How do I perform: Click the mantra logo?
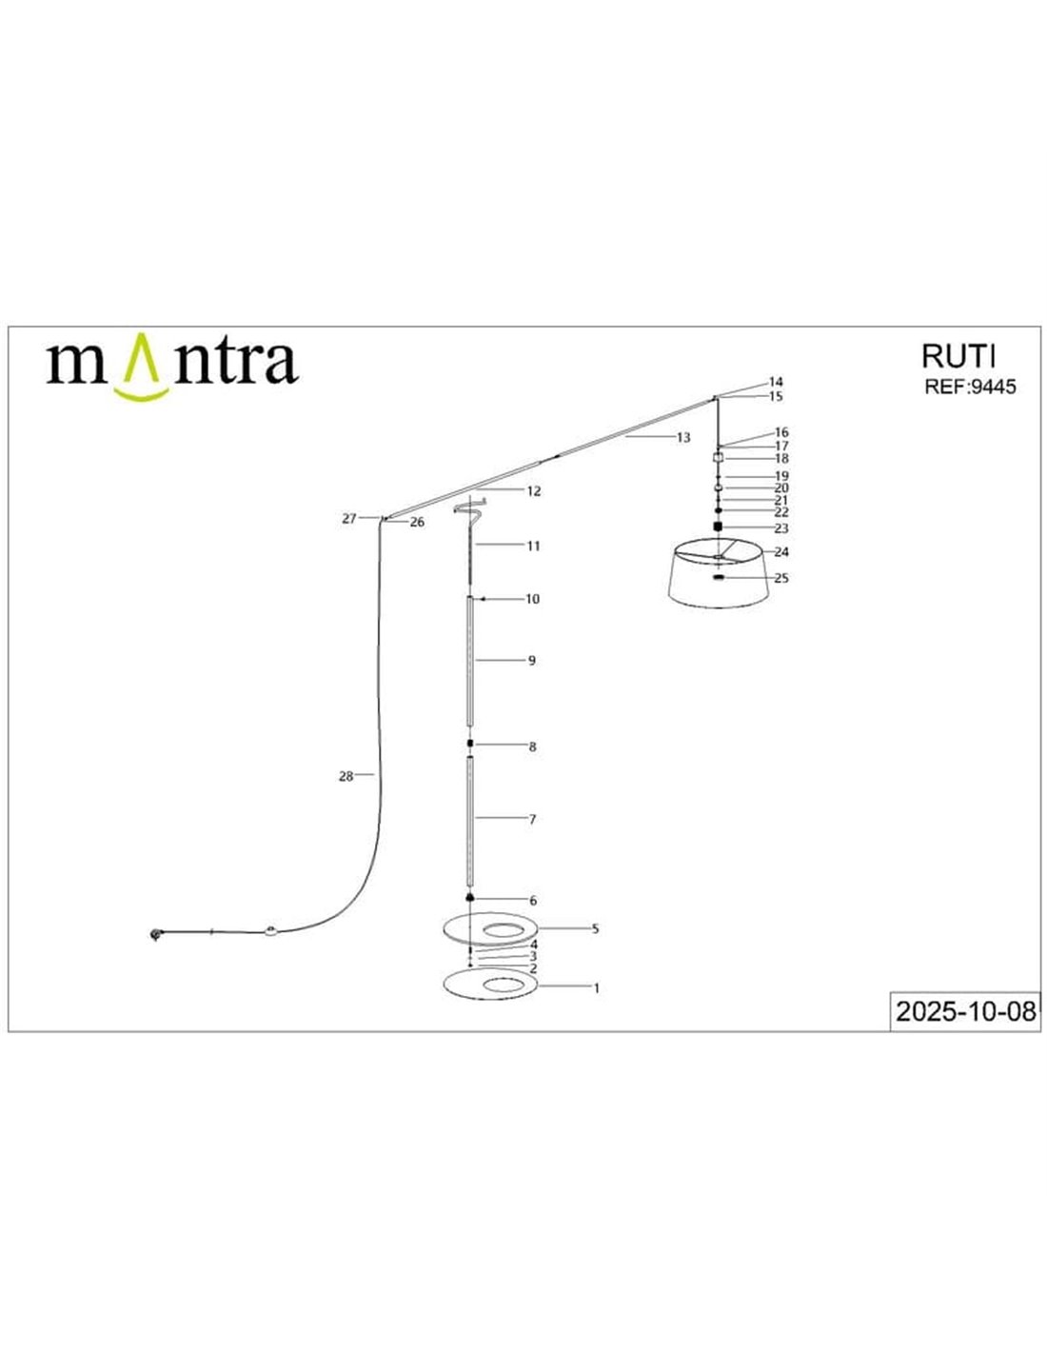tap(172, 367)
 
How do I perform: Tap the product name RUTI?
tap(958, 356)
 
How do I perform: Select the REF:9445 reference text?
tap(970, 387)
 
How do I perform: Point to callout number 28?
tap(346, 776)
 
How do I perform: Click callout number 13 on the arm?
tap(683, 437)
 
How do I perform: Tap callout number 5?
tap(595, 929)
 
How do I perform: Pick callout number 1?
tap(596, 988)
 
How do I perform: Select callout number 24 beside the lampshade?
tap(781, 551)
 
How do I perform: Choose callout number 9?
tap(531, 661)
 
